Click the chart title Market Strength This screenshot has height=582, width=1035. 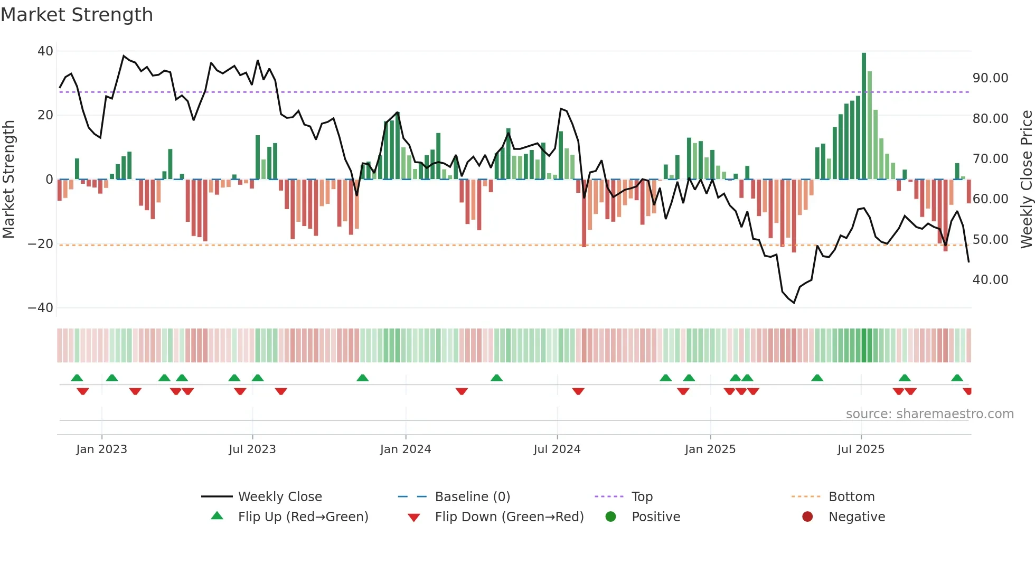(77, 15)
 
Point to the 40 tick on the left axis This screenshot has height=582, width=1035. (45, 51)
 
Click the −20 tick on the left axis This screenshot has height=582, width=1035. (41, 244)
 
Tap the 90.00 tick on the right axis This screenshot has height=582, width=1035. (990, 78)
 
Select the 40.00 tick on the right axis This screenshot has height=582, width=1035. (990, 280)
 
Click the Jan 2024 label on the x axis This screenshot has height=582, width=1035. (405, 449)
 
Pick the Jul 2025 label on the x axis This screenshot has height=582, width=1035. (860, 449)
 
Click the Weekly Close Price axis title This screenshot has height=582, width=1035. (1026, 180)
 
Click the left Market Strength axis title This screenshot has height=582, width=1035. (9, 180)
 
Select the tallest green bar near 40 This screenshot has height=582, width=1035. (864, 116)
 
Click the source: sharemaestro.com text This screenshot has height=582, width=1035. (929, 414)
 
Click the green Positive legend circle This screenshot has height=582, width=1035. (611, 517)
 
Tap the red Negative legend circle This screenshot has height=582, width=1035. (807, 517)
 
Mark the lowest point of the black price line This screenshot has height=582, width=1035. (794, 303)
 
